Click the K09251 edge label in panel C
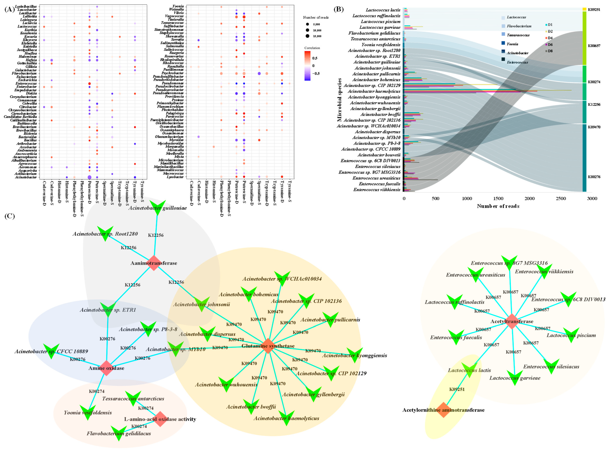point(457,389)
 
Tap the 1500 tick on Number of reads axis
point(498,198)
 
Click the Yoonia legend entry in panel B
point(512,44)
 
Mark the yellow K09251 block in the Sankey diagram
point(584,9)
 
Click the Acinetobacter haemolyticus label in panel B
point(374,91)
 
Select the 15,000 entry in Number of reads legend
point(317,36)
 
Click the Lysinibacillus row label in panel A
point(26,6)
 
